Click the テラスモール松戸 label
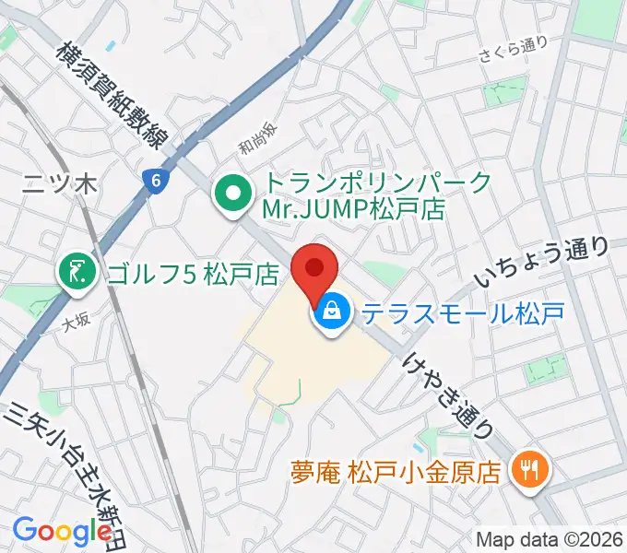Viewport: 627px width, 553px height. tap(462, 314)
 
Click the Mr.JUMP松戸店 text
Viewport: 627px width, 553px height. tap(352, 208)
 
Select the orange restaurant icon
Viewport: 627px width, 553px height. tap(532, 472)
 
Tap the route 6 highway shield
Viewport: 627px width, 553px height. tap(156, 182)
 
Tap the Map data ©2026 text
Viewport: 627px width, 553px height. tap(549, 538)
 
